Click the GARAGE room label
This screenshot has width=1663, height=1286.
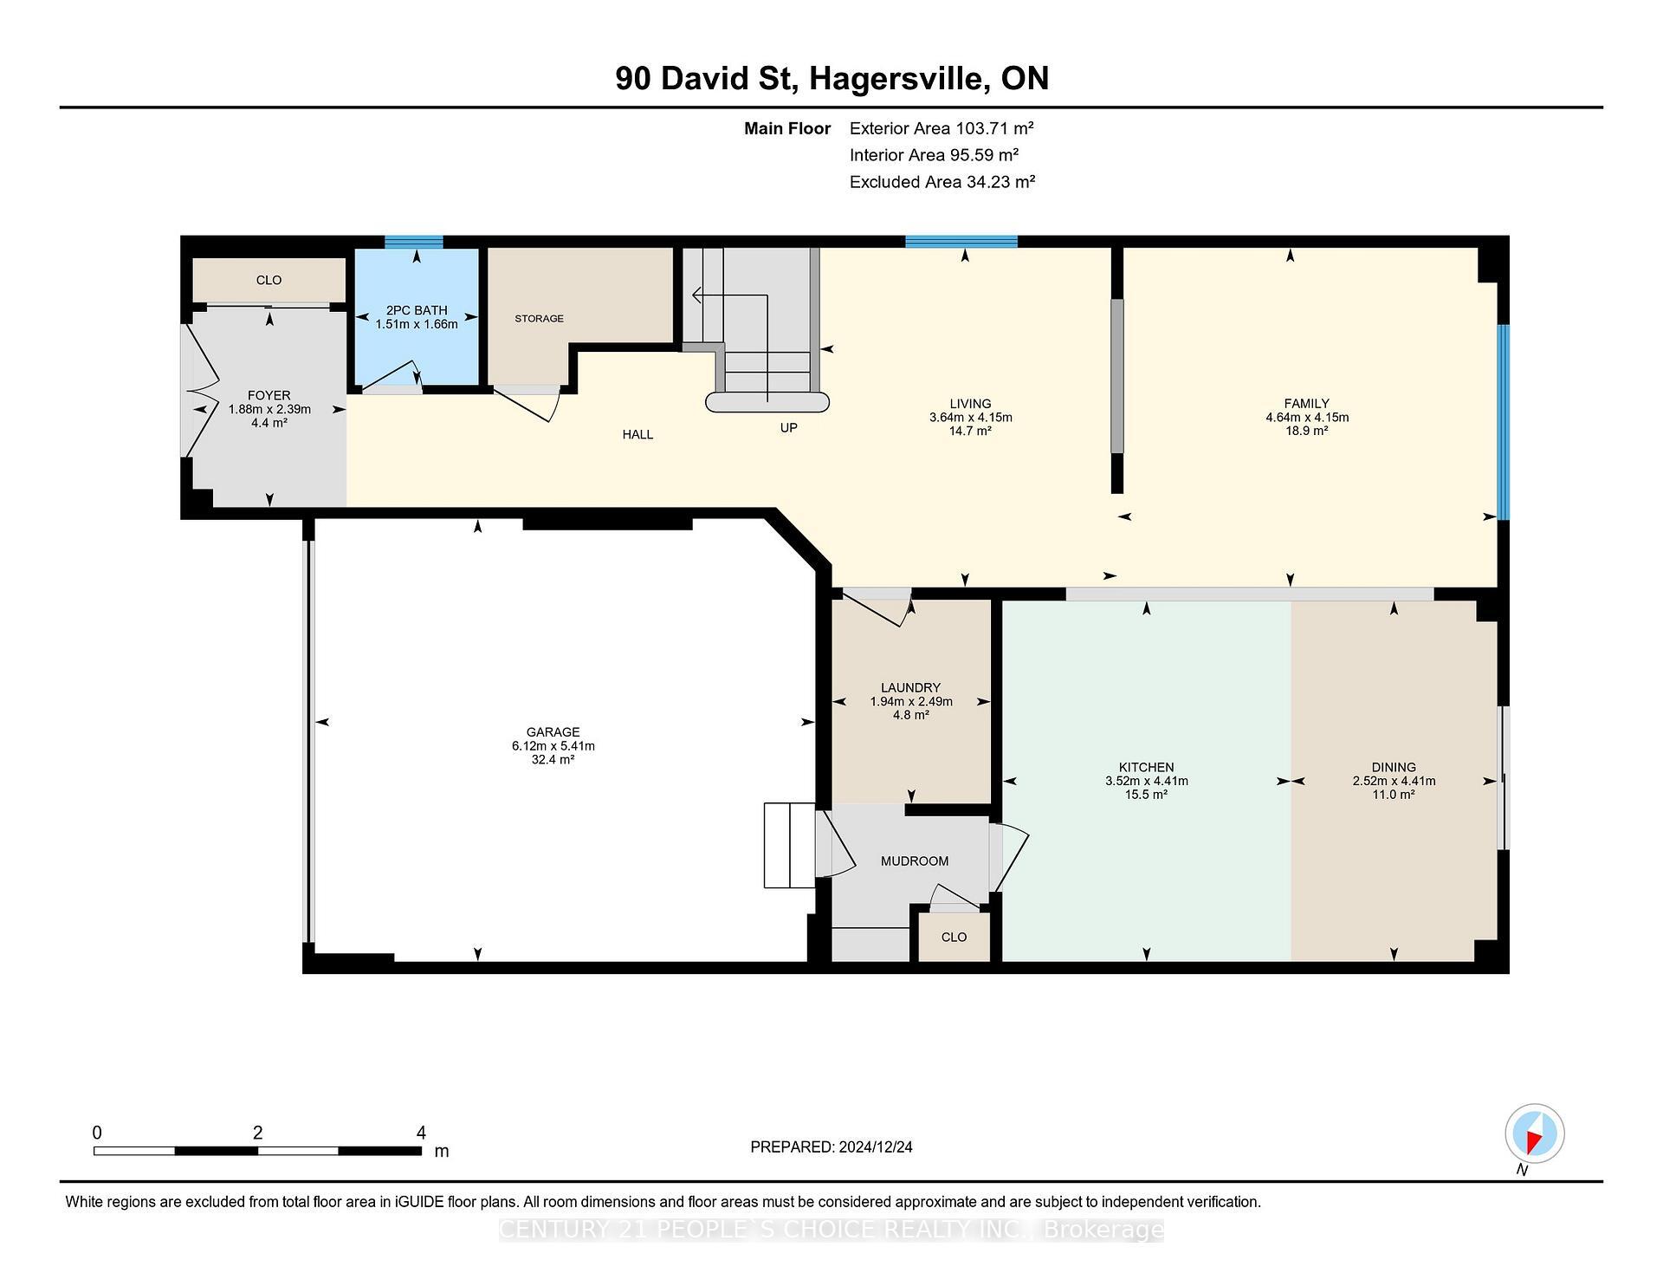pos(553,732)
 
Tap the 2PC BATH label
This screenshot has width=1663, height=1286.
pos(417,310)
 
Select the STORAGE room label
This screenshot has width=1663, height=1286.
pos(539,319)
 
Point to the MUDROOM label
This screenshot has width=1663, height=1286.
pos(915,861)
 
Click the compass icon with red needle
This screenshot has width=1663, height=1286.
pos(1534,1134)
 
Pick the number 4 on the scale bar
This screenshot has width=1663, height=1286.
pos(421,1133)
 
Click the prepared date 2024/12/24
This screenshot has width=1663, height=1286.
pos(875,1147)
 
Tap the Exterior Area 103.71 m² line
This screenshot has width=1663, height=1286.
pos(942,129)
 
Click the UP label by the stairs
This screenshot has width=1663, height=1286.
pos(788,428)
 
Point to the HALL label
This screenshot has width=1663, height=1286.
pos(637,435)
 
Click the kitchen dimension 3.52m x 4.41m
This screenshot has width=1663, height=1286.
pos(1146,782)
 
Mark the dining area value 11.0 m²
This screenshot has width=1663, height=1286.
pos(1393,795)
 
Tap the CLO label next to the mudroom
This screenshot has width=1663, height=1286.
pos(954,938)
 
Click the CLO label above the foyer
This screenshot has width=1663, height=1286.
pos(269,280)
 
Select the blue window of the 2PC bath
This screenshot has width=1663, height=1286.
pos(414,243)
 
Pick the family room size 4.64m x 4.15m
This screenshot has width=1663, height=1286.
pos(1306,418)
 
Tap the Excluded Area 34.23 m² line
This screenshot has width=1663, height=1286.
pos(942,183)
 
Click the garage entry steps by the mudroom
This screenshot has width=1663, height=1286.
pos(788,846)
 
